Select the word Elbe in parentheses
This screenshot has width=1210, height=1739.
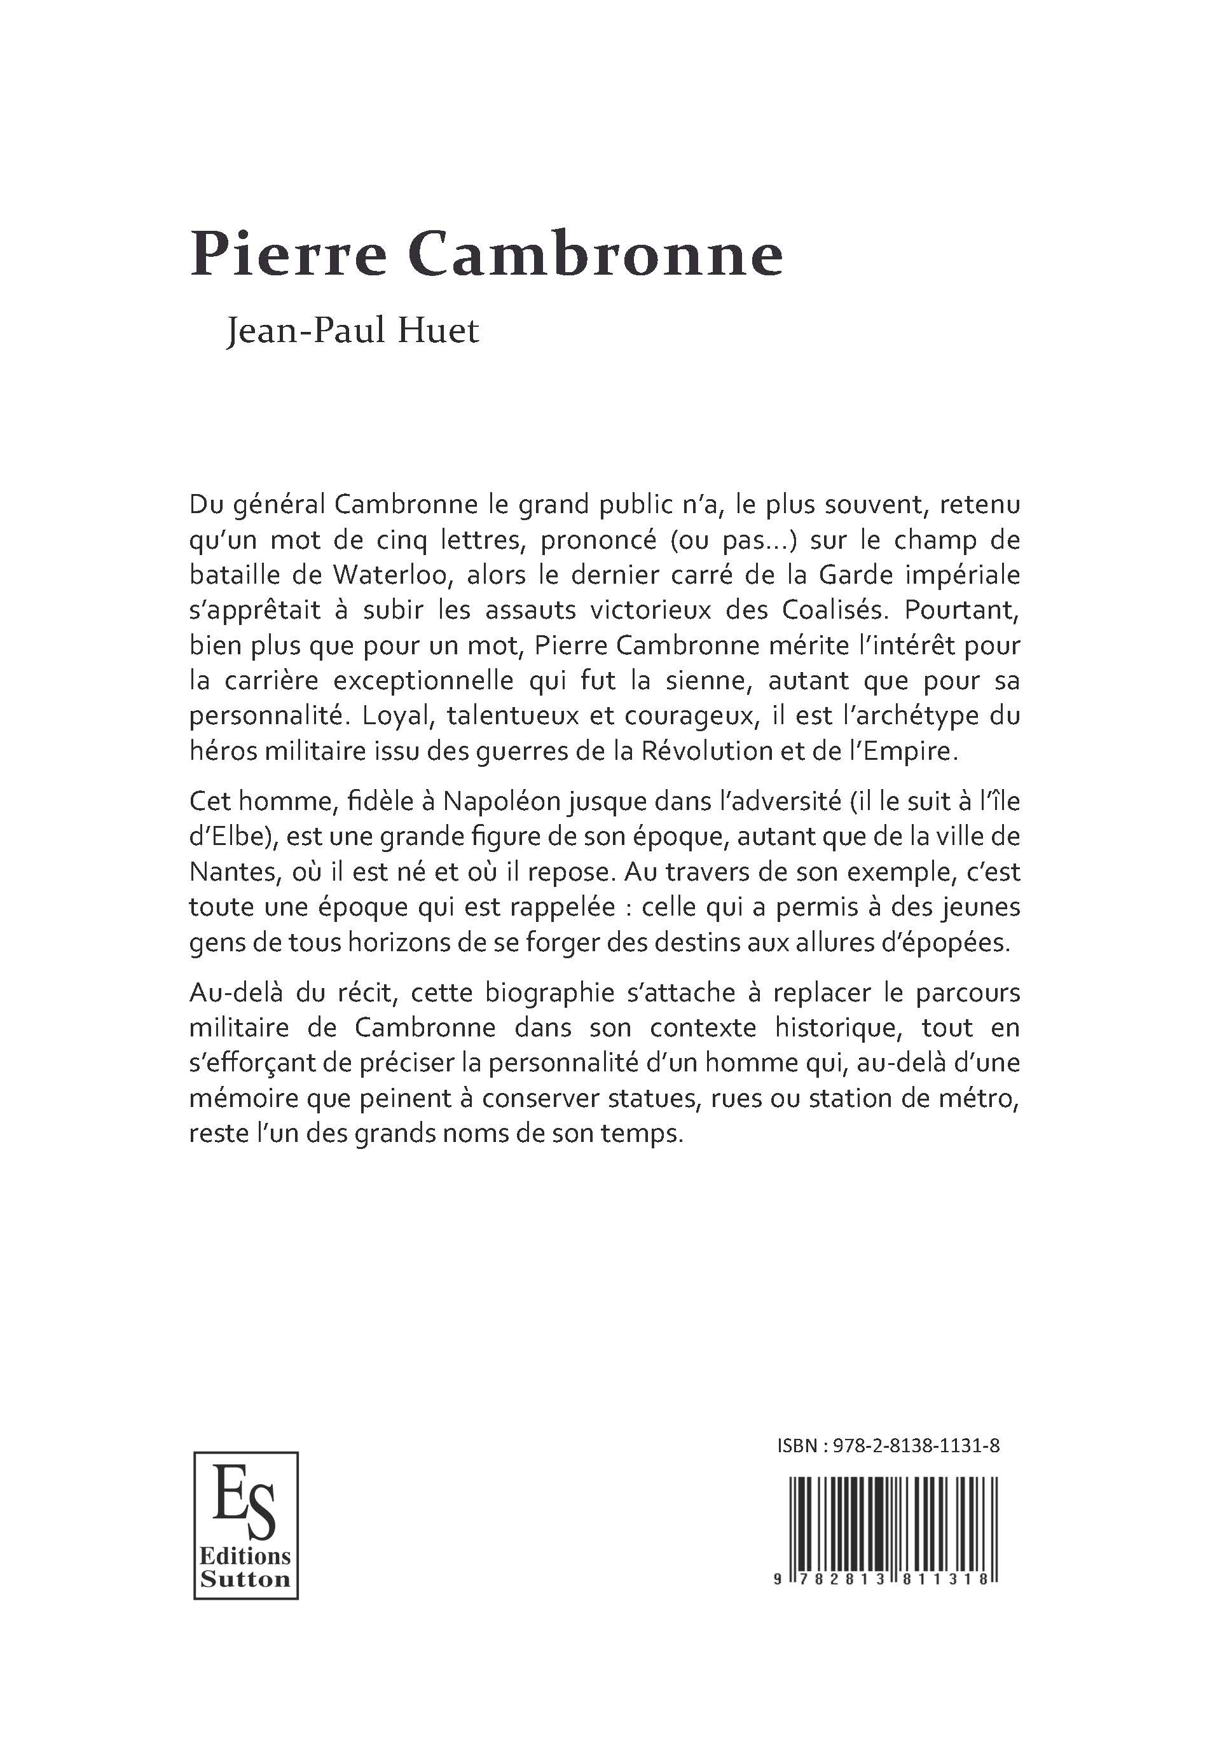[231, 836]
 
